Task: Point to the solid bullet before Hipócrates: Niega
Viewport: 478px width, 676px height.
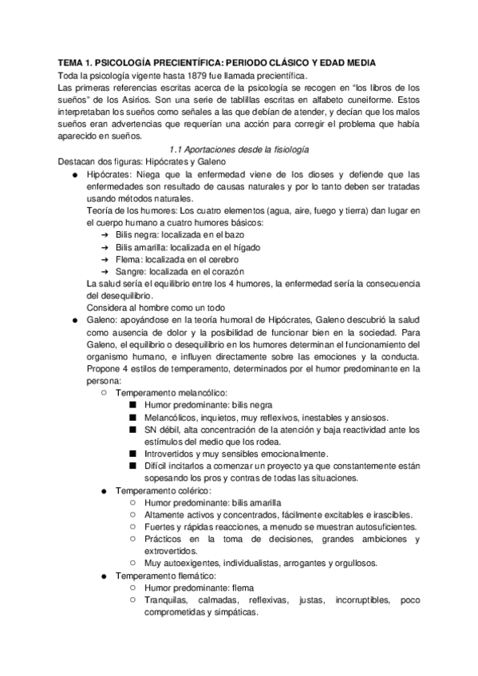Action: click(x=74, y=175)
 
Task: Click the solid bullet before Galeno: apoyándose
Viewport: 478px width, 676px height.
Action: click(x=74, y=321)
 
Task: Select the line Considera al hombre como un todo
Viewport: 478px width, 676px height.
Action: click(x=160, y=307)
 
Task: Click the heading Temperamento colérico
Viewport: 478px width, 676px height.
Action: click(x=164, y=490)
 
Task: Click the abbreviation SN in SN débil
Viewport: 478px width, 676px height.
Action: click(x=152, y=430)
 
